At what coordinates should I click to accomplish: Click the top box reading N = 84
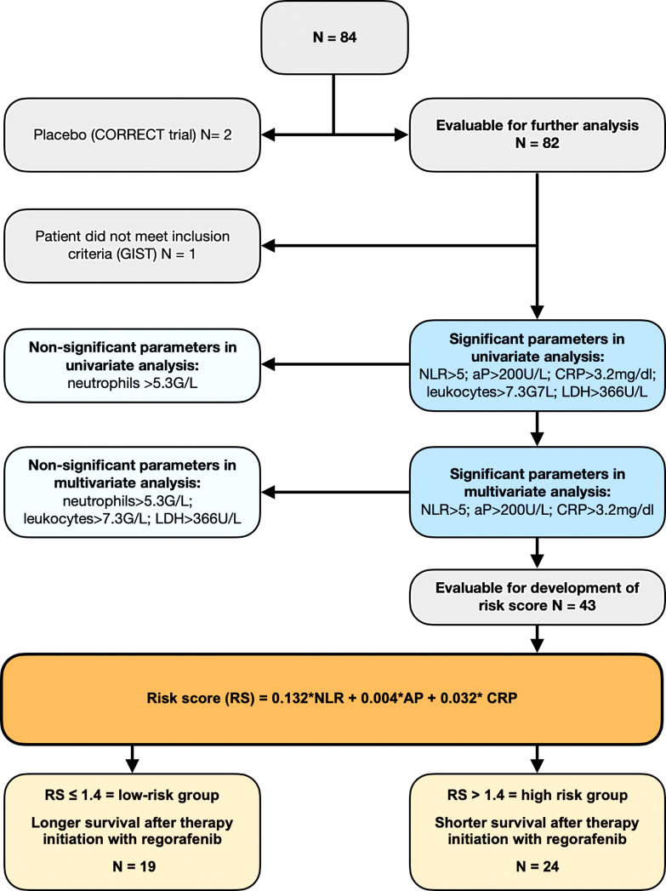pyautogui.click(x=334, y=37)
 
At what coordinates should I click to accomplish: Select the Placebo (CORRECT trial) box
pyautogui.click(x=133, y=135)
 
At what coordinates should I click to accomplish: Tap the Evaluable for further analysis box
pyautogui.click(x=537, y=134)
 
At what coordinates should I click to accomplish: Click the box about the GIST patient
pyautogui.click(x=133, y=245)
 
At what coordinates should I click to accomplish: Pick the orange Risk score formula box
pyautogui.click(x=332, y=699)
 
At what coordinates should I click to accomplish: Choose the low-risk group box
pyautogui.click(x=133, y=831)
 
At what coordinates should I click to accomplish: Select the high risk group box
pyautogui.click(x=537, y=831)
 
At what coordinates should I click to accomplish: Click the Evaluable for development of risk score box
pyautogui.click(x=537, y=597)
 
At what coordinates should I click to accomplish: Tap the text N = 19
pyautogui.click(x=133, y=866)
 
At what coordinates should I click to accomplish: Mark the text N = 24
pyautogui.click(x=537, y=866)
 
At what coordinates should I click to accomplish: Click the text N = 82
pyautogui.click(x=537, y=143)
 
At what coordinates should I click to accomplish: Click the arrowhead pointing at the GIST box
pyautogui.click(x=267, y=245)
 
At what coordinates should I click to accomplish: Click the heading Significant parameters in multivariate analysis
pyautogui.click(x=537, y=482)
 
